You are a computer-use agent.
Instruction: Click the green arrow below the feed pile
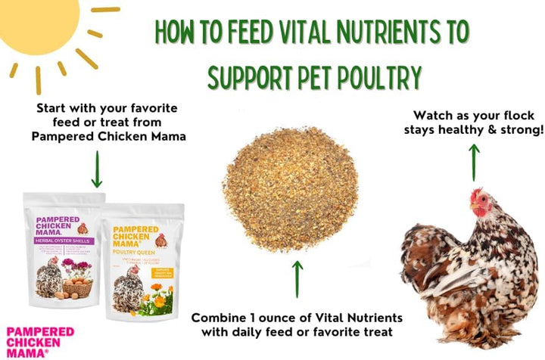[297, 279]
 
